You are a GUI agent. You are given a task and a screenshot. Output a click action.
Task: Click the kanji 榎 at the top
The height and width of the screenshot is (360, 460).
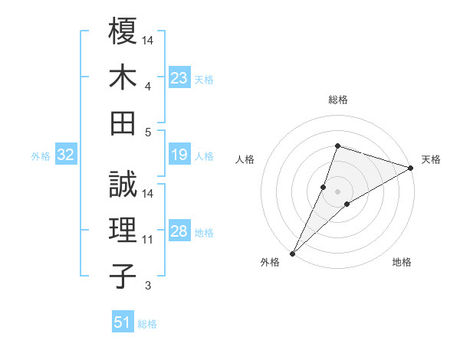pos(123,32)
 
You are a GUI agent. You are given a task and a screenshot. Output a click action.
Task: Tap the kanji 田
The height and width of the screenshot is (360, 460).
pos(123,123)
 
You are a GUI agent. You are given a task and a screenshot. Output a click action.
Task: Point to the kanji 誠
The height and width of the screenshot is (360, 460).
pos(123,185)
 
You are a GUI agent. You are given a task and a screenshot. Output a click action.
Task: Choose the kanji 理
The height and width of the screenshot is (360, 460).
pos(123,231)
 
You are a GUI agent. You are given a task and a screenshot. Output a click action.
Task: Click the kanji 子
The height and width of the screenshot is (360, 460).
pos(123,276)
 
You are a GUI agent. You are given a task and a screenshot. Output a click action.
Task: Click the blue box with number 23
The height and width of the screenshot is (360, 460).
pos(179,77)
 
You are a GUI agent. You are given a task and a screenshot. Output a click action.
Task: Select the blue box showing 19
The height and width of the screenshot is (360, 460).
pos(179,155)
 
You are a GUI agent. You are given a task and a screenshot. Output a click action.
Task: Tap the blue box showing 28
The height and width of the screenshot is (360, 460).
pos(179,231)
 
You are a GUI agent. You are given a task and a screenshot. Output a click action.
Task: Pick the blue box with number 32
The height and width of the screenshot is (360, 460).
pos(65,155)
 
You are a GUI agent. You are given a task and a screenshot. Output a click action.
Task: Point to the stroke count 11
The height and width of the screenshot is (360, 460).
pos(148,240)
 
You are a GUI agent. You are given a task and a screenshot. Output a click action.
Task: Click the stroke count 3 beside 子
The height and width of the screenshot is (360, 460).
pos(148,286)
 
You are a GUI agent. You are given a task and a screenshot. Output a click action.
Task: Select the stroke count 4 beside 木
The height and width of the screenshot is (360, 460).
pos(148,87)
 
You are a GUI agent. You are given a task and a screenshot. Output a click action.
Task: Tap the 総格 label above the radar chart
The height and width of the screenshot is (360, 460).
pos(337,100)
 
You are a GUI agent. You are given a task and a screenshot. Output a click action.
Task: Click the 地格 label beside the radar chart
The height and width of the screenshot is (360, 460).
pos(402,262)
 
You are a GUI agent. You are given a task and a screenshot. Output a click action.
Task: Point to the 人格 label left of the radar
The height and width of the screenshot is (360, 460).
pos(245,159)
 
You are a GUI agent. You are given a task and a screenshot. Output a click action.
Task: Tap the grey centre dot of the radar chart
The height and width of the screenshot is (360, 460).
pos(337,191)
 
